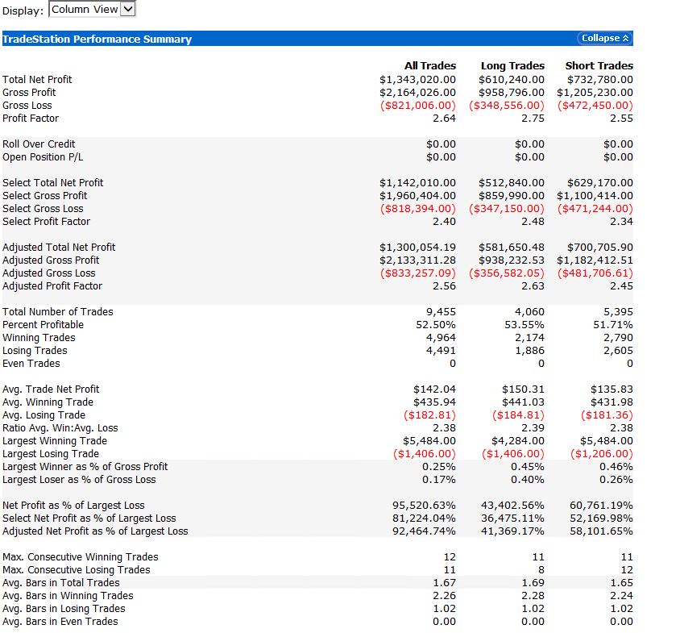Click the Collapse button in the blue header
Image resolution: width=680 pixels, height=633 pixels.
pyautogui.click(x=605, y=38)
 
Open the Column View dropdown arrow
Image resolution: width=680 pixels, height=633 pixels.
pyautogui.click(x=127, y=9)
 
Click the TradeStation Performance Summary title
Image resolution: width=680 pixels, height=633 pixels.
pyautogui.click(x=97, y=39)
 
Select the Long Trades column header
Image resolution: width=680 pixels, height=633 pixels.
pyautogui.click(x=512, y=65)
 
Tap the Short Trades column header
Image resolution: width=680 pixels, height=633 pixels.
pyautogui.click(x=599, y=65)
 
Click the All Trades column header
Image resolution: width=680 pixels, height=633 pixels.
pyautogui.click(x=430, y=65)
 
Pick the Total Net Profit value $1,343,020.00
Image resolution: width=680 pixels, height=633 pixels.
pyautogui.click(x=417, y=80)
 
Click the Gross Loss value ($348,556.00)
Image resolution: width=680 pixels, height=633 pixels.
pyautogui.click(x=507, y=106)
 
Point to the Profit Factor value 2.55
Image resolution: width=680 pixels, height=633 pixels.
pyautogui.click(x=621, y=118)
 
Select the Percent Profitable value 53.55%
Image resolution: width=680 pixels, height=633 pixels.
pyautogui.click(x=525, y=325)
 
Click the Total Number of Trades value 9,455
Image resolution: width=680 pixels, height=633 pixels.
pyautogui.click(x=441, y=312)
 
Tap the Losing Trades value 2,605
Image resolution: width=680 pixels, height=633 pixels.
pyautogui.click(x=619, y=350)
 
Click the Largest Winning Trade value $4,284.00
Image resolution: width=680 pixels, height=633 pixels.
pyautogui.click(x=518, y=440)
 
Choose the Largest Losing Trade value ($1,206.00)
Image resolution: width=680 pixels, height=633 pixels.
pyautogui.click(x=602, y=454)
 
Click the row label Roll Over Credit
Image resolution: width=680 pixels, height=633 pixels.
pyautogui.click(x=39, y=144)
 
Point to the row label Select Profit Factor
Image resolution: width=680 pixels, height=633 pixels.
pyautogui.click(x=47, y=222)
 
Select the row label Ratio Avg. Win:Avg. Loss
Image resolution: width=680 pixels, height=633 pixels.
pyautogui.click(x=60, y=428)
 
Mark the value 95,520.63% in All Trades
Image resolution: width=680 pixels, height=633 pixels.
pyautogui.click(x=424, y=506)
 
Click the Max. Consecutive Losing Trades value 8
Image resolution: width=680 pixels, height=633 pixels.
pyautogui.click(x=541, y=569)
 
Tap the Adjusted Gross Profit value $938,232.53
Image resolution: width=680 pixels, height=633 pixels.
pyautogui.click(x=512, y=260)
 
